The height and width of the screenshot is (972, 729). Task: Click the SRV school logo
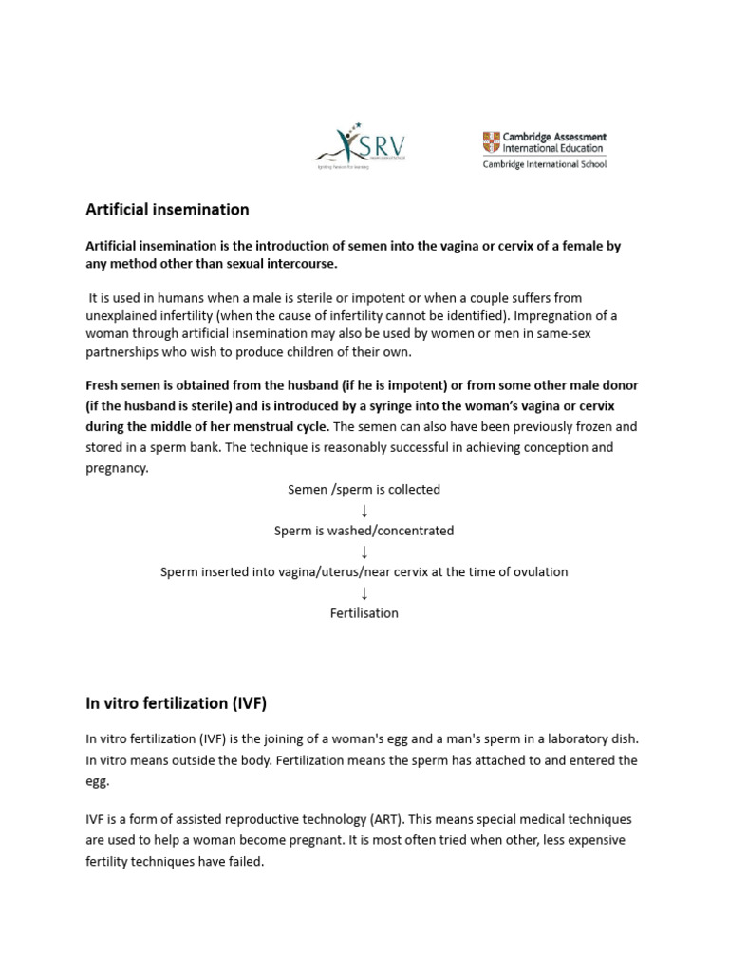[361, 145]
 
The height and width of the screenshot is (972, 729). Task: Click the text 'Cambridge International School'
[544, 163]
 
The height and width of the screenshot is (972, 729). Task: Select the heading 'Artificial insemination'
[167, 209]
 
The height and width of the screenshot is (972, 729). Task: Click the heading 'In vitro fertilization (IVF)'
[176, 703]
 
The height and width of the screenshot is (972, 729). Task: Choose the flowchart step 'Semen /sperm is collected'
[364, 490]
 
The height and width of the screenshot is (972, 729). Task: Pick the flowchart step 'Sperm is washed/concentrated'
[364, 531]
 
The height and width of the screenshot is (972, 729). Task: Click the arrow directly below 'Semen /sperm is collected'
[364, 511]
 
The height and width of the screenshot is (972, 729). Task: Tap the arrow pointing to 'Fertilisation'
[364, 593]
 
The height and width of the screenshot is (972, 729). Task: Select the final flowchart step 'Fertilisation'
[364, 613]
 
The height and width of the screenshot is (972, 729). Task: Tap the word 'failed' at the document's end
[245, 862]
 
